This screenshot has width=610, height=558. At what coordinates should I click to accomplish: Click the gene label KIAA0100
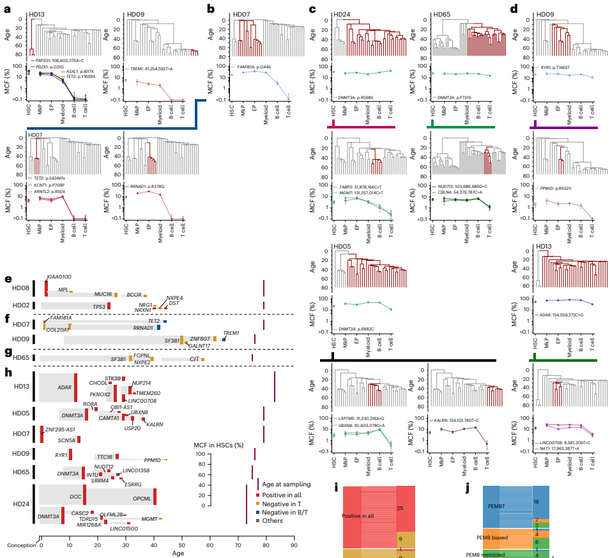coord(59,277)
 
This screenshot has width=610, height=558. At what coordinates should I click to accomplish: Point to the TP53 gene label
coord(99,306)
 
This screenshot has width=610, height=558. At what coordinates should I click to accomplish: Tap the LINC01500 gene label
coord(124,528)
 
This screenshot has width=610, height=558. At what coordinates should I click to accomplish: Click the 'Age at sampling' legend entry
coord(286,484)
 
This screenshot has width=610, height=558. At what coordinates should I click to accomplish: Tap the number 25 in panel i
coord(400,490)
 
